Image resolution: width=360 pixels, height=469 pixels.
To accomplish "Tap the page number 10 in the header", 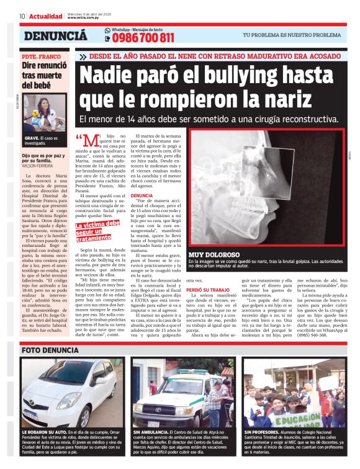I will [22, 16].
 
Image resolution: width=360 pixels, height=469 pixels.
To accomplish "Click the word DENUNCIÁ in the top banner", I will [55, 37].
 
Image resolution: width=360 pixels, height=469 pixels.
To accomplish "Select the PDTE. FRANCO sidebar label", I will [40, 56].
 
